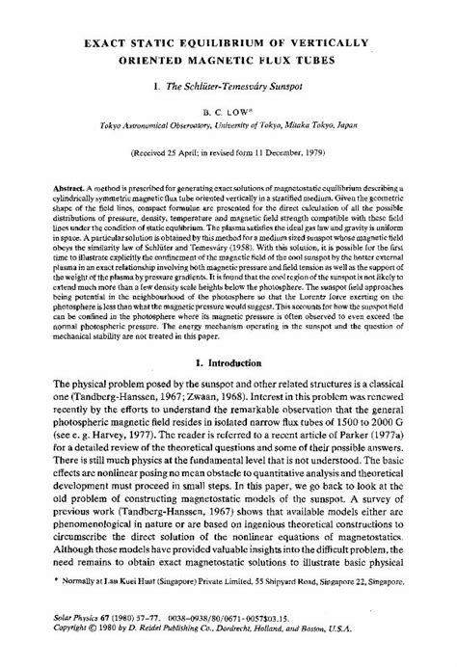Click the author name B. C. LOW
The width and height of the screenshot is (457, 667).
[228, 112]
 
